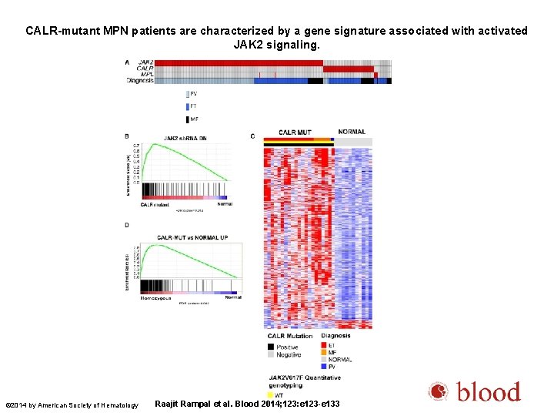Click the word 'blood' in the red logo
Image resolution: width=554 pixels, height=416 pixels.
[489, 393]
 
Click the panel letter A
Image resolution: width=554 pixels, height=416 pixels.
[127, 62]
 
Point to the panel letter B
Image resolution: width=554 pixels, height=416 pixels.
[127, 136]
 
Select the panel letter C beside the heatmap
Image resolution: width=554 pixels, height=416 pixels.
[252, 136]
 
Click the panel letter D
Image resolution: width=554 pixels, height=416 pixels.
[127, 226]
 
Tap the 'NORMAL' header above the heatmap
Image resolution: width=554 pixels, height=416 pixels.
[352, 132]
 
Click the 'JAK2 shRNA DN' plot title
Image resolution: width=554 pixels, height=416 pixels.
[184, 139]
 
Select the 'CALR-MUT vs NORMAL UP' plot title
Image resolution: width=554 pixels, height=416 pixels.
[189, 237]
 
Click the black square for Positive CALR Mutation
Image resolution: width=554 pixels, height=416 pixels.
[270, 347]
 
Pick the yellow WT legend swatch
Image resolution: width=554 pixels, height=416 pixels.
[270, 395]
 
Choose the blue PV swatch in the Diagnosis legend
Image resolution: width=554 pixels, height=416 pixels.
[323, 367]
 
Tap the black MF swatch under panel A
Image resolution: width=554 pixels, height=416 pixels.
[187, 119]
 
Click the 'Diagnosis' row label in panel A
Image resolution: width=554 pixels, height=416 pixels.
[140, 80]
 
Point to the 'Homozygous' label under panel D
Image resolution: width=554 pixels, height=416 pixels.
[157, 297]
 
